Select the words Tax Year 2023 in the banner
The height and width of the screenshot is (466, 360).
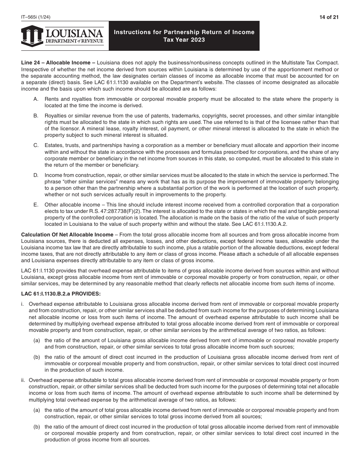(184, 39)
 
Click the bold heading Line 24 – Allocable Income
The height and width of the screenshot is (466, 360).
(58, 63)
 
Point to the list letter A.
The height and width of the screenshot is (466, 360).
(36, 99)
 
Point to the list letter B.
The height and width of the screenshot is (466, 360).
(36, 115)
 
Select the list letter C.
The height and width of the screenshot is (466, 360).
(36, 145)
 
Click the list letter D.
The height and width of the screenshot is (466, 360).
(36, 175)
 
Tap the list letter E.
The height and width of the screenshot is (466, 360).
(36, 205)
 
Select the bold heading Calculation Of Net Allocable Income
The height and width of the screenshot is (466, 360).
(67, 235)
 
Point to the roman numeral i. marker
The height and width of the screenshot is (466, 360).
(23, 304)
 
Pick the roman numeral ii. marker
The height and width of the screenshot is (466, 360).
(23, 380)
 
